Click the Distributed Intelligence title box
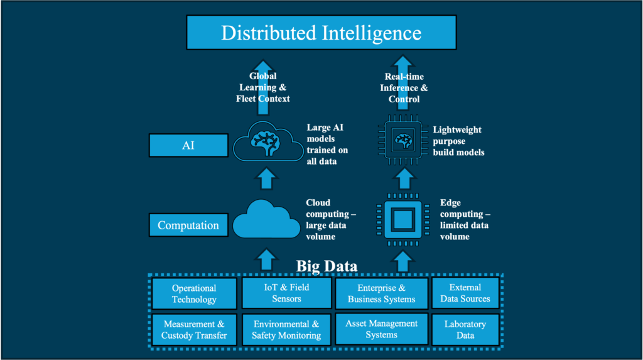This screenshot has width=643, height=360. coord(321,33)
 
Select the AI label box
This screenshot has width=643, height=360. coord(188,146)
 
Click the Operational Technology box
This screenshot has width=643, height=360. coord(194,294)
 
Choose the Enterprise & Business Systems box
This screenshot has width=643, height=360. coord(381,293)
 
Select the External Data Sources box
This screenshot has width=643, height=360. coord(465,293)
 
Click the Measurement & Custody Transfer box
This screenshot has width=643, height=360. coord(194,330)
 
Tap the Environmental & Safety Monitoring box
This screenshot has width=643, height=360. coord(286,330)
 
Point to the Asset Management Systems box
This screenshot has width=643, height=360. coord(381,330)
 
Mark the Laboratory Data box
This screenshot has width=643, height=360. coord(465,330)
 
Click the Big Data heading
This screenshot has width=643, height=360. coord(327,266)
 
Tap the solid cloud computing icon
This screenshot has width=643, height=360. coord(266,219)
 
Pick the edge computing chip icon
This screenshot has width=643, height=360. coord(403,218)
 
